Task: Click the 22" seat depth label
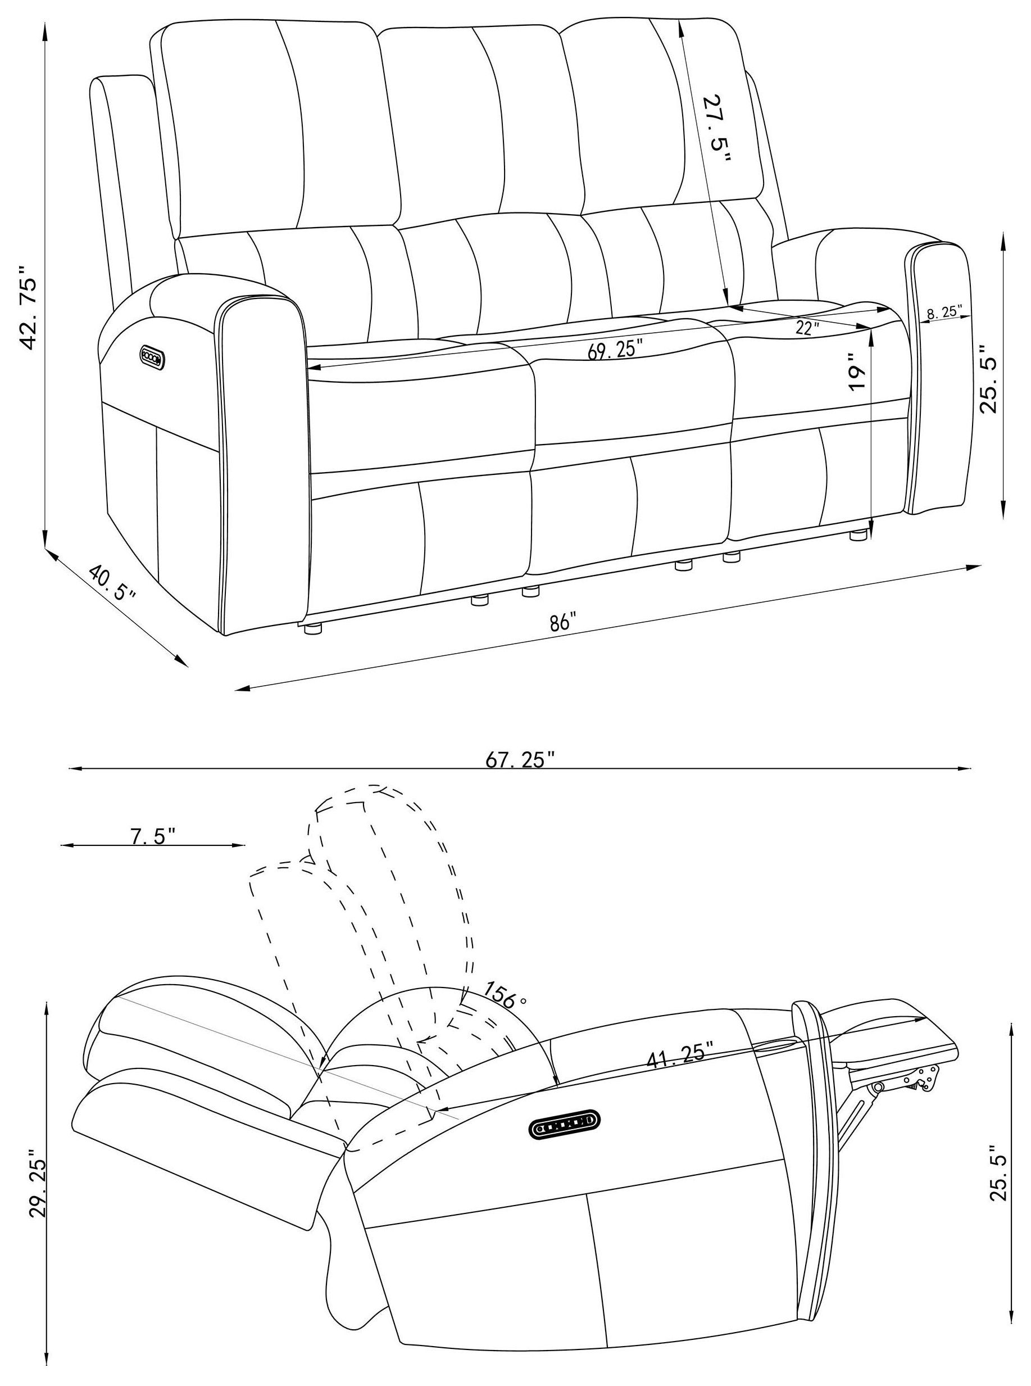pos(807,328)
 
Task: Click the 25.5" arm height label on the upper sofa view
pos(991,379)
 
